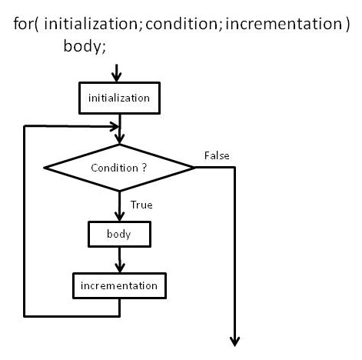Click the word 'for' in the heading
coord(23,24)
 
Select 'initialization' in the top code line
coord(91,24)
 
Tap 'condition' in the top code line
coord(181,24)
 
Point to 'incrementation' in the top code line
coord(284,24)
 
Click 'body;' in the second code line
coord(85,46)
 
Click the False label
coord(217,155)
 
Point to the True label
coord(141,205)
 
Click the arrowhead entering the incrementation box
coord(120,267)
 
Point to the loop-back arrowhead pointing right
coord(115,127)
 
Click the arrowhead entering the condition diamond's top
coord(119,138)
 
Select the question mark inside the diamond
coord(144,168)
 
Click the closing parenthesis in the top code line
coord(347,24)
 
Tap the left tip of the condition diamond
coord(44,168)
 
